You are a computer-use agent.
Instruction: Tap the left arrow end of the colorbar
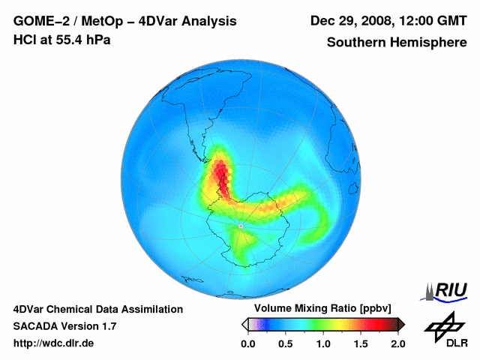click(x=245, y=324)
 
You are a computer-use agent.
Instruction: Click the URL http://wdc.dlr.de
click(x=54, y=343)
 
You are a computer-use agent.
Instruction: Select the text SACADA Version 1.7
click(x=64, y=326)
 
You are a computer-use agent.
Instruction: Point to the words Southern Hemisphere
click(x=397, y=43)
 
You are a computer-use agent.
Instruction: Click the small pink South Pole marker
click(x=241, y=225)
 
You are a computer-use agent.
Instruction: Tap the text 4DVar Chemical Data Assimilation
click(x=98, y=309)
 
